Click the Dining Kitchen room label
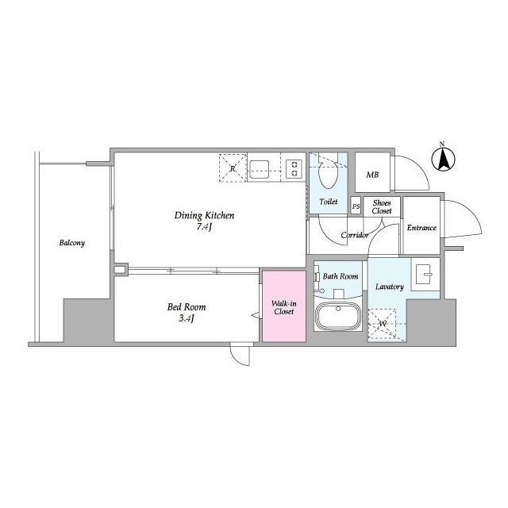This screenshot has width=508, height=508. click(204, 215)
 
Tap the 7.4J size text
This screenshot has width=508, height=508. click(204, 227)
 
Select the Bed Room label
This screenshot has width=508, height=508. click(187, 307)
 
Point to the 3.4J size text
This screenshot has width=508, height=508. click(187, 318)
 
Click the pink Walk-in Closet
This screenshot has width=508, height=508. click(284, 306)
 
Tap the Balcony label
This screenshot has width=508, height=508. click(72, 243)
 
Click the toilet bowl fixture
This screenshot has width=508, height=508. click(328, 171)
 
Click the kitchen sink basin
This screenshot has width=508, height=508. click(260, 169)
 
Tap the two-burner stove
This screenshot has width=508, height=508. click(294, 169)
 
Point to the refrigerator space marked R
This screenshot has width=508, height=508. click(233, 167)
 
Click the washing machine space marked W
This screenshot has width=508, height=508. click(383, 324)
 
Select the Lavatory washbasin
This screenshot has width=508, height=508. click(424, 274)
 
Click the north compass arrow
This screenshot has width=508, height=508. click(443, 159)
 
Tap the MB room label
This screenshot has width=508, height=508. click(372, 175)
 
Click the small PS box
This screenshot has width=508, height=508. click(356, 206)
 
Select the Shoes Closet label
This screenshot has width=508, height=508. click(382, 206)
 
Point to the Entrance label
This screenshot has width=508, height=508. click(421, 228)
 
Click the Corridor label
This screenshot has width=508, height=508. click(355, 235)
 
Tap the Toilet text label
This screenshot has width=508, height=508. click(329, 202)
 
